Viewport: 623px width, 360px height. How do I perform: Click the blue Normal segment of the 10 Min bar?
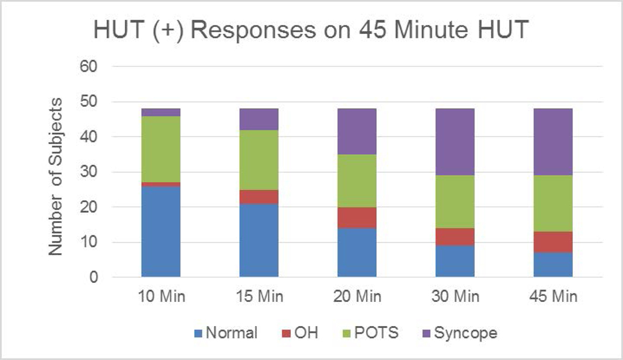pyautogui.click(x=161, y=231)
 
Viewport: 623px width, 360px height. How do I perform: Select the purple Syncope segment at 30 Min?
pyautogui.click(x=455, y=142)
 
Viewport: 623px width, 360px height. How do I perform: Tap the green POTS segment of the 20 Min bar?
pyautogui.click(x=357, y=181)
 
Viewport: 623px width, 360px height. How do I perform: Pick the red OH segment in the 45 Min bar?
pyautogui.click(x=553, y=242)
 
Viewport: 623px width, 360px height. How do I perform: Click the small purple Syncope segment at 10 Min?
pyautogui.click(x=161, y=112)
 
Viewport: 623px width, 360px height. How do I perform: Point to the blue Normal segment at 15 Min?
pyautogui.click(x=259, y=240)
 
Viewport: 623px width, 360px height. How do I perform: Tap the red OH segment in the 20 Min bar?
pyautogui.click(x=357, y=218)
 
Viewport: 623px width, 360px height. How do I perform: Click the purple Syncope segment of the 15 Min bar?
pyautogui.click(x=259, y=119)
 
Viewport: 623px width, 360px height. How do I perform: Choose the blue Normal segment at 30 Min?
pyautogui.click(x=455, y=261)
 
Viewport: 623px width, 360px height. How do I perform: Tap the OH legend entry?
pyautogui.click(x=299, y=333)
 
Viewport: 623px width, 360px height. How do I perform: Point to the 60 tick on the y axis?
pyautogui.click(x=87, y=66)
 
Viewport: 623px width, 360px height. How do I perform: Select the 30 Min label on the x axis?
pyautogui.click(x=455, y=297)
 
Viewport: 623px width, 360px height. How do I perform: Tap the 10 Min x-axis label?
pyautogui.click(x=161, y=297)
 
